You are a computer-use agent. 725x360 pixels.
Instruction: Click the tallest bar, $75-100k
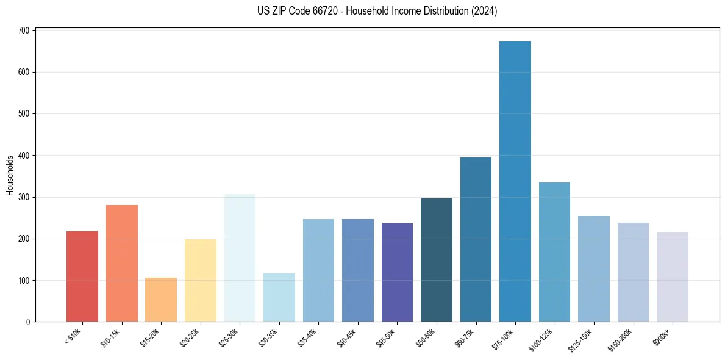click(x=515, y=183)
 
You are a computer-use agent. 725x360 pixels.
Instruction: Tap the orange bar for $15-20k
click(x=161, y=300)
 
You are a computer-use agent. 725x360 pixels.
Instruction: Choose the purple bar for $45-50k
click(x=397, y=273)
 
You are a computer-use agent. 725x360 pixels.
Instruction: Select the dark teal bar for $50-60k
click(x=437, y=260)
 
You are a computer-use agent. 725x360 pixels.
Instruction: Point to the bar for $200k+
click(x=673, y=277)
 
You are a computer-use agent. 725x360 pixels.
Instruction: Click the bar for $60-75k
click(x=476, y=240)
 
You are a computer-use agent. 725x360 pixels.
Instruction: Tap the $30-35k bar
click(x=279, y=298)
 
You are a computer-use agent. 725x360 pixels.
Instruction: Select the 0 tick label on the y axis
click(x=28, y=322)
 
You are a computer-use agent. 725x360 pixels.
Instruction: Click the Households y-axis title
click(x=10, y=175)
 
